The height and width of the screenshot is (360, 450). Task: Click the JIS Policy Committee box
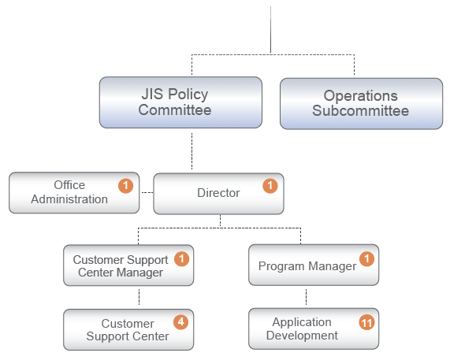pyautogui.click(x=180, y=102)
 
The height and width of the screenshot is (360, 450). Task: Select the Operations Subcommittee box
pyautogui.click(x=361, y=103)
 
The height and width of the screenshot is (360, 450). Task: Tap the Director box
pyautogui.click(x=218, y=194)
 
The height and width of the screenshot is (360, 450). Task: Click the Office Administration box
pyautogui.click(x=74, y=193)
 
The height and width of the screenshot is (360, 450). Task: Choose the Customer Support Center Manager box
pyautogui.click(x=128, y=265)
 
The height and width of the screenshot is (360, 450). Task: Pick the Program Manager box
pyautogui.click(x=314, y=265)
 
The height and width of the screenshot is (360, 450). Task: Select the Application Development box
pyautogui.click(x=314, y=328)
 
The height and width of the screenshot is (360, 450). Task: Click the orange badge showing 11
pyautogui.click(x=366, y=323)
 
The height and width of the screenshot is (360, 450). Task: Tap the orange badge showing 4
pyautogui.click(x=180, y=322)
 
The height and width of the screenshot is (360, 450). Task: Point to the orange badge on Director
pyautogui.click(x=270, y=186)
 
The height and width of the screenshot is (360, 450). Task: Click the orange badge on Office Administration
pyautogui.click(x=126, y=186)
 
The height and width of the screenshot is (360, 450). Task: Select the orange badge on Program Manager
pyautogui.click(x=366, y=259)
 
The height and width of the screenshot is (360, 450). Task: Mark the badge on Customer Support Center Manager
pyautogui.click(x=182, y=259)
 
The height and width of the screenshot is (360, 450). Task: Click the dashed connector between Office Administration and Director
pyautogui.click(x=147, y=192)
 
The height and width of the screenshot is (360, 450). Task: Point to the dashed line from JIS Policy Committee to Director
pyautogui.click(x=192, y=151)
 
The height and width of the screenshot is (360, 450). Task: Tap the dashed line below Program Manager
pyautogui.click(x=307, y=297)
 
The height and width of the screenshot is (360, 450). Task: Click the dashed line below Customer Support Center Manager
pyautogui.click(x=139, y=297)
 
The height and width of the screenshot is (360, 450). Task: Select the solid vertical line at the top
pyautogui.click(x=270, y=30)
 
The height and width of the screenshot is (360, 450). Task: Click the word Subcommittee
pyautogui.click(x=361, y=111)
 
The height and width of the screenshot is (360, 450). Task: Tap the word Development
pyautogui.click(x=302, y=336)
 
